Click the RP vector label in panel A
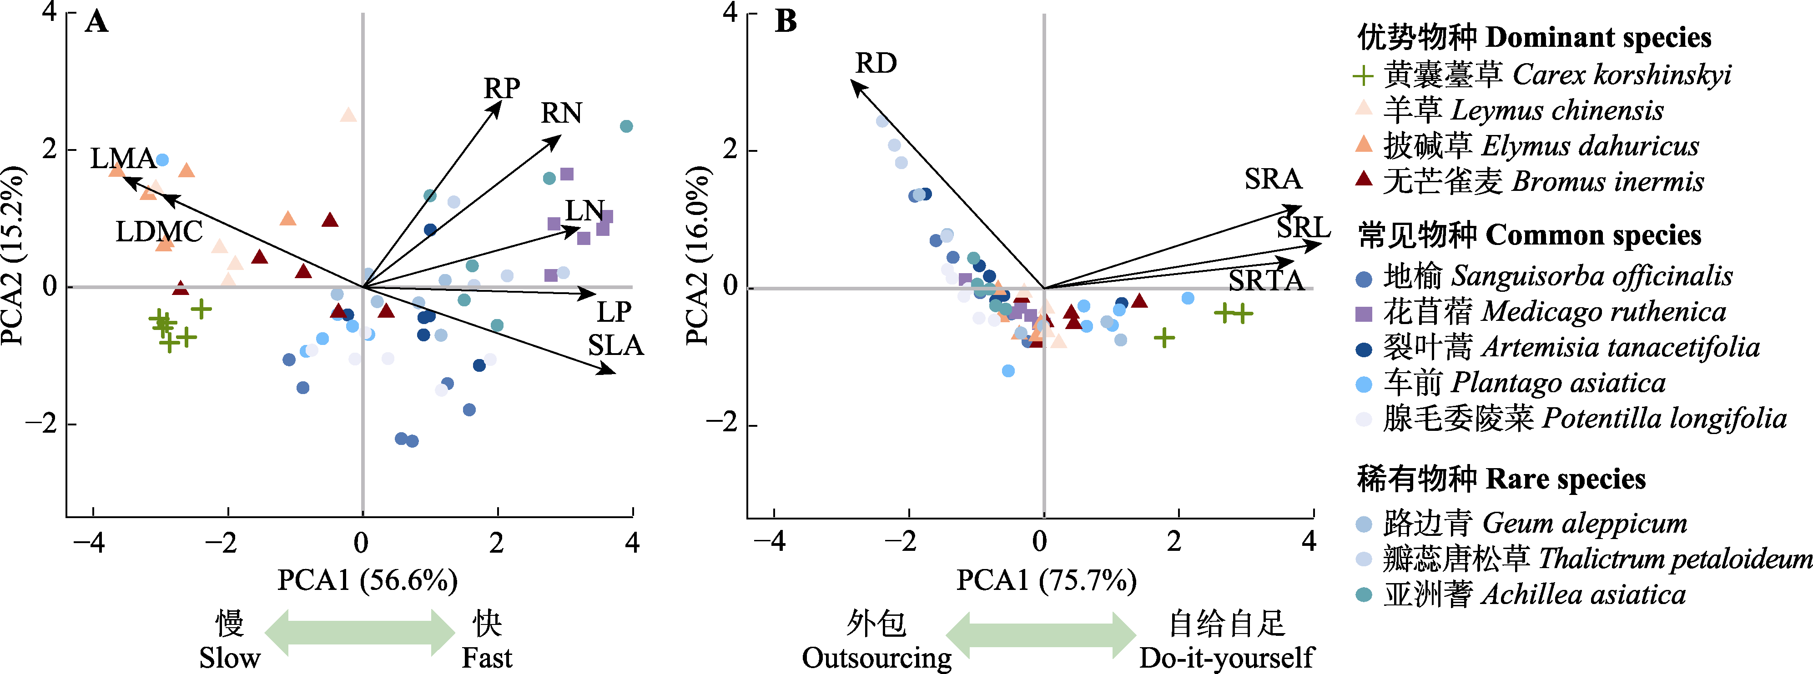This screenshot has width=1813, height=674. [x=501, y=89]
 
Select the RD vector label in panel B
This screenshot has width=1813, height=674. [x=876, y=63]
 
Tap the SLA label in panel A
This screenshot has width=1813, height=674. [x=616, y=345]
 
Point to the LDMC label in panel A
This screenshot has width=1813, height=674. [x=159, y=231]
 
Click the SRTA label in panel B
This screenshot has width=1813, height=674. [x=1266, y=281]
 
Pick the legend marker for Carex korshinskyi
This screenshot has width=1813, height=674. [x=1363, y=75]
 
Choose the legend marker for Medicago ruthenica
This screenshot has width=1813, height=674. [x=1363, y=314]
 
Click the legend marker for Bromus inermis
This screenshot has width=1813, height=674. [x=1363, y=180]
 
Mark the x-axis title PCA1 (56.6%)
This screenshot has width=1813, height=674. [x=368, y=580]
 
